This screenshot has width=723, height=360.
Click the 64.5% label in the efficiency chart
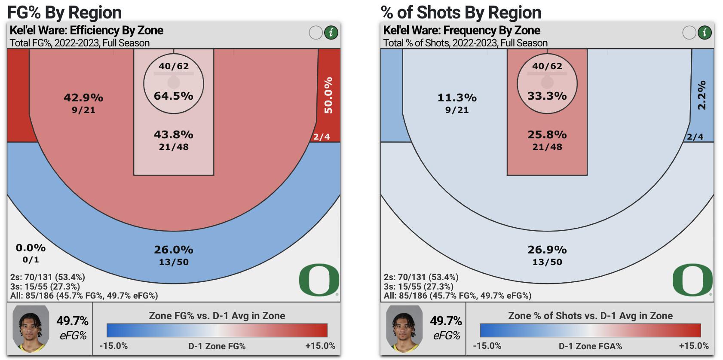coord(173,96)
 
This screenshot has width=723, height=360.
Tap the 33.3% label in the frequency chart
coord(547,96)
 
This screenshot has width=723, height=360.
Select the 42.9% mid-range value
coord(83,98)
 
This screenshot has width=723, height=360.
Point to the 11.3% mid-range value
coord(457,98)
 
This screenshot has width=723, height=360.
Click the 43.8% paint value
coord(173,135)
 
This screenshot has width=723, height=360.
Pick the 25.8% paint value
coord(547,135)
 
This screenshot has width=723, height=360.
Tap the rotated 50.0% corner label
coord(329,95)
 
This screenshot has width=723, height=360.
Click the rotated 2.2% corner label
coord(702,95)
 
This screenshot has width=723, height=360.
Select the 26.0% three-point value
coord(173,250)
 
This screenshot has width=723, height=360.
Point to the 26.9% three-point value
coord(547,250)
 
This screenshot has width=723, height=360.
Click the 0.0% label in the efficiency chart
coord(31,248)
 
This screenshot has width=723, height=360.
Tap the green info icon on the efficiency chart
coord(331,32)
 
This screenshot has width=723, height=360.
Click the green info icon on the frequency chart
coord(705,32)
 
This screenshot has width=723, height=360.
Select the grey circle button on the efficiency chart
coord(316,32)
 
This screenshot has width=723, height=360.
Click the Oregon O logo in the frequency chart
coord(692,280)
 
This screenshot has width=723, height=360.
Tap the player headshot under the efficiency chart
coord(31,329)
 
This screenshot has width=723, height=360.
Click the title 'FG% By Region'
coord(64,12)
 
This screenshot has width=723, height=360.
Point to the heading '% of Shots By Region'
coord(461,12)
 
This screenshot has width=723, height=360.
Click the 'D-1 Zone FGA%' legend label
coord(590,346)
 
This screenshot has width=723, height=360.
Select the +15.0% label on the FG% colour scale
coord(320,346)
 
